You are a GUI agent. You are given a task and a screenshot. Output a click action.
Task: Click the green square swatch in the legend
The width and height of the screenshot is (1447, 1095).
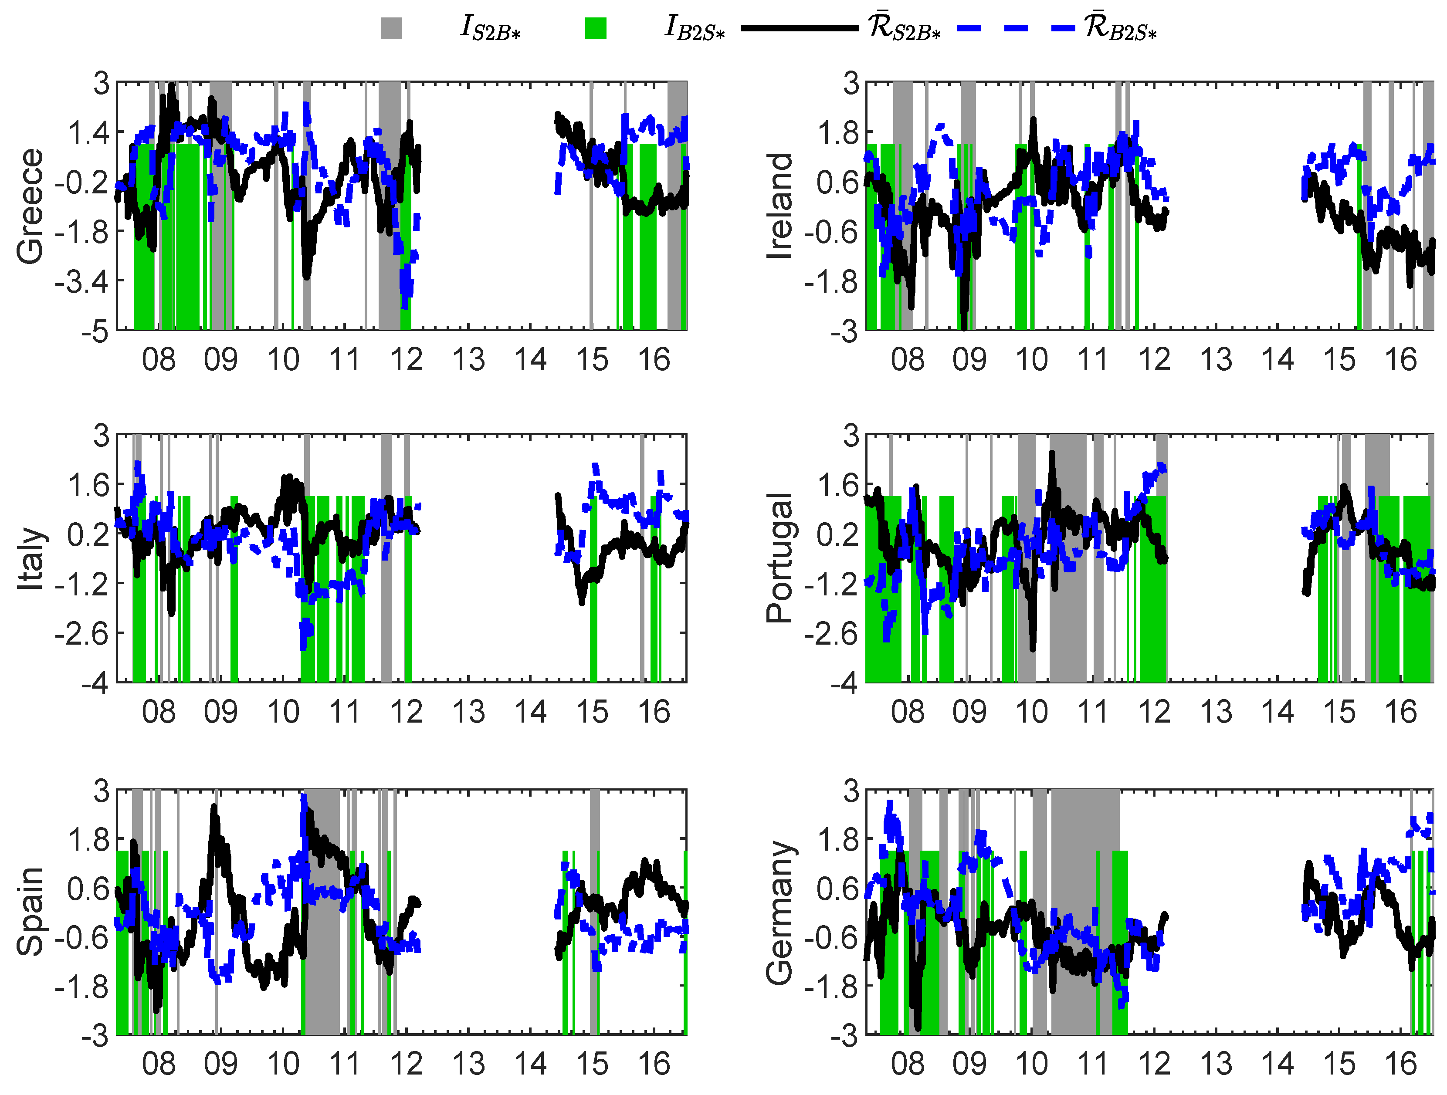[x=595, y=28]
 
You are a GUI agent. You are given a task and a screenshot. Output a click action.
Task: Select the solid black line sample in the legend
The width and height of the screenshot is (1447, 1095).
[x=800, y=28]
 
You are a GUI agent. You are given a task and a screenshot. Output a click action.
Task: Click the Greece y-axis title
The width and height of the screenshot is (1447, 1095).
[x=30, y=206]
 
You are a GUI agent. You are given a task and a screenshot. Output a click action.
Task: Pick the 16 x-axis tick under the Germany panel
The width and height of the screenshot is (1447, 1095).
[x=1400, y=1064]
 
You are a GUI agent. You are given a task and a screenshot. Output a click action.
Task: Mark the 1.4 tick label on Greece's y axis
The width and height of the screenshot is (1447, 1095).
[x=89, y=133]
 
